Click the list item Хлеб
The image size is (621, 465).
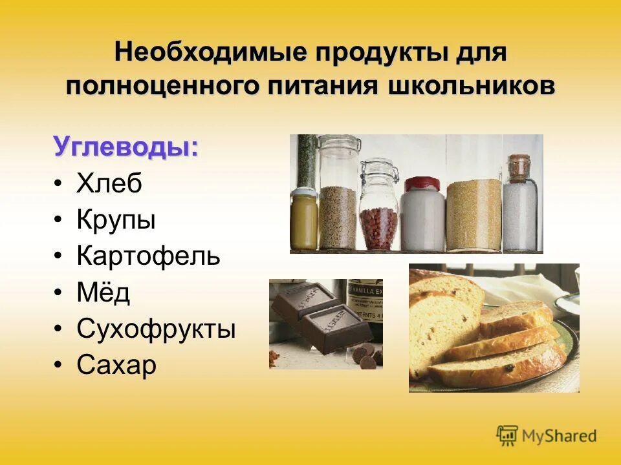(109, 184)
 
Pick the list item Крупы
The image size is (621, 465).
(116, 220)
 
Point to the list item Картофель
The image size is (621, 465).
(148, 256)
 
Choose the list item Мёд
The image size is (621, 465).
(103, 293)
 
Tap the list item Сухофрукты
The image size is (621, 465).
(156, 329)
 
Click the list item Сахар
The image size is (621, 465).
(116, 366)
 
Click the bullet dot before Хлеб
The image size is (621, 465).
(59, 185)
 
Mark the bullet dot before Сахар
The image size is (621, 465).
(59, 366)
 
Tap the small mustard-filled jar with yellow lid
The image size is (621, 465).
(304, 218)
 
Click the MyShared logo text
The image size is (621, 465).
(560, 436)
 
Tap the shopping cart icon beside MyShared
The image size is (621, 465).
(508, 435)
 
